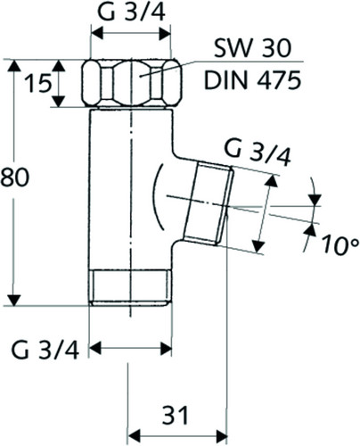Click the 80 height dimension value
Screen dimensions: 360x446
[15, 177]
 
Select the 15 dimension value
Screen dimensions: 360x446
[37, 84]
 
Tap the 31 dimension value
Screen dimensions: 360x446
[176, 415]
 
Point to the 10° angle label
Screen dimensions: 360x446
[340, 245]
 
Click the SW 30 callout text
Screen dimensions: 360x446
[252, 48]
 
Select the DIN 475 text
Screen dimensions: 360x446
[252, 80]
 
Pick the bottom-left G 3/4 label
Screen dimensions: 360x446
[45, 351]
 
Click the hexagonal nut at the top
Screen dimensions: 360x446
[132, 83]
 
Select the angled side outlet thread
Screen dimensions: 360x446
[209, 203]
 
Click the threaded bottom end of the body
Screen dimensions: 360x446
[131, 287]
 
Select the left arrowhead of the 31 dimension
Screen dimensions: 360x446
[134, 436]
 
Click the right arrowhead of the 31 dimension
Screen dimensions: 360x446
[221, 436]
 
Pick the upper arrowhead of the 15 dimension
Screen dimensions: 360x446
[59, 65]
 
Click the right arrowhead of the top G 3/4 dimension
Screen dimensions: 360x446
[165, 34]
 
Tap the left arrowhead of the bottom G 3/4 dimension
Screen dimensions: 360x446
[95, 349]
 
